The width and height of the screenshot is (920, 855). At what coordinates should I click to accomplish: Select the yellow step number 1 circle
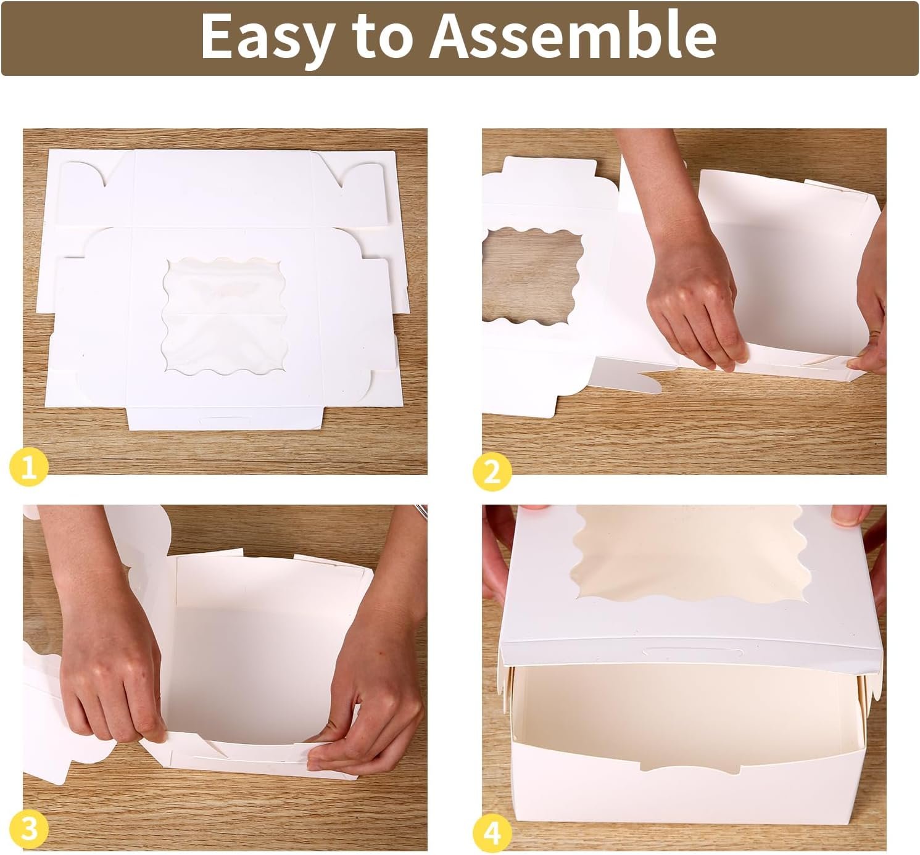(28, 470)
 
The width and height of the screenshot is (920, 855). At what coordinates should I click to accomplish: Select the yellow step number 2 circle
(492, 472)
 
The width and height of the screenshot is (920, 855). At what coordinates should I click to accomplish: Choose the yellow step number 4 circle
(492, 833)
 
